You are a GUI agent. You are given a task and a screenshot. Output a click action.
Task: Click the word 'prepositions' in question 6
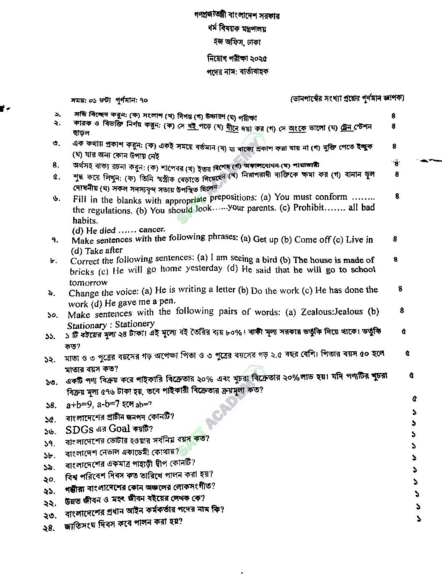point(232,198)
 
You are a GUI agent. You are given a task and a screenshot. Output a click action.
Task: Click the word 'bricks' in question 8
point(82,271)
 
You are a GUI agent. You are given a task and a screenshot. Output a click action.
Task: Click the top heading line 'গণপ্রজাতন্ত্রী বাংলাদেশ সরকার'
point(237,16)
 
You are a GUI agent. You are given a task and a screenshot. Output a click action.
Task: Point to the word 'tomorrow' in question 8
point(88,283)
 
